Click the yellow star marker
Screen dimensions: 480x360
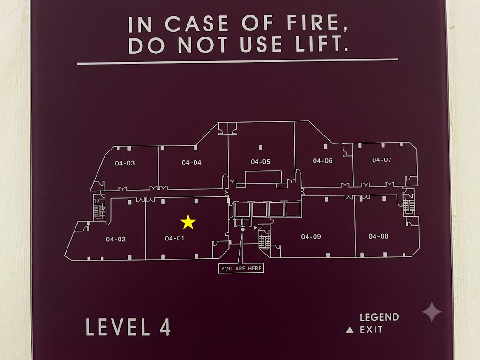tap(188, 222)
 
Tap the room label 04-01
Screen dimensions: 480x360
tap(174, 238)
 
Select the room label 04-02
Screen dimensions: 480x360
tap(116, 239)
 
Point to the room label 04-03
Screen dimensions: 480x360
tap(125, 163)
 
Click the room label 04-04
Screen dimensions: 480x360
tap(192, 163)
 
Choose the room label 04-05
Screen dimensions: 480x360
tap(261, 162)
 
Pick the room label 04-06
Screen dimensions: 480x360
tap(322, 161)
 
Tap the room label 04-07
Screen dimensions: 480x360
tap(382, 160)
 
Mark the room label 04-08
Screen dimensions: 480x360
tap(378, 236)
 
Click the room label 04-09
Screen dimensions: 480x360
tap(311, 237)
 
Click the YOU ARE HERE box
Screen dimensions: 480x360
tap(241, 268)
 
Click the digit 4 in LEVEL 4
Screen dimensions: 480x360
tap(165, 327)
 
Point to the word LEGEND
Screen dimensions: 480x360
tap(380, 317)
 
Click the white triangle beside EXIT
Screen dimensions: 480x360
tap(350, 330)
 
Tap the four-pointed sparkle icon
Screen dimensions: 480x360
tap(432, 312)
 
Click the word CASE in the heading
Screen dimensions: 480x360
tap(197, 23)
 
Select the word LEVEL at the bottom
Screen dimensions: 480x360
tap(118, 327)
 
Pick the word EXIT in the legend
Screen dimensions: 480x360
tap(371, 330)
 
